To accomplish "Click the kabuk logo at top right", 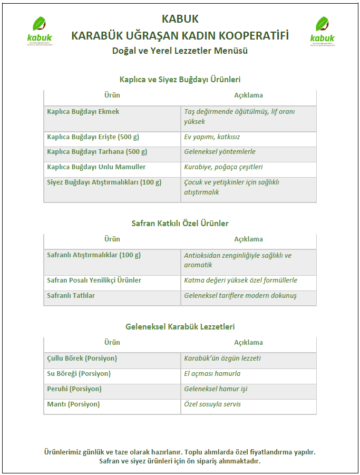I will (x=322, y=31).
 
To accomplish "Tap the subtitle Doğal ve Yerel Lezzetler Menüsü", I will (x=180, y=51).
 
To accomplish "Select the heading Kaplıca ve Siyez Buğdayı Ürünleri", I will (x=180, y=80).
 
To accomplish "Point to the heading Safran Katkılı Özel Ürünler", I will (x=180, y=224).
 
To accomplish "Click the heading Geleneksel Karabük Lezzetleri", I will (x=180, y=327).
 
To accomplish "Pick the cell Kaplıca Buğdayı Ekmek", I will (x=83, y=112).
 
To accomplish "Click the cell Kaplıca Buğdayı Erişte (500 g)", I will (x=93, y=137).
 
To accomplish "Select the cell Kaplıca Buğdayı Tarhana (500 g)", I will (x=97, y=152).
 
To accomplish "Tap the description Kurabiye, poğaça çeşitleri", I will (x=223, y=167).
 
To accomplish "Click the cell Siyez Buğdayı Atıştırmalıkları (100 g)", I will (x=104, y=182).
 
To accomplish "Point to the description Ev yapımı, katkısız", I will (x=212, y=137).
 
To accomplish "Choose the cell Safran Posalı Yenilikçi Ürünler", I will (x=94, y=280).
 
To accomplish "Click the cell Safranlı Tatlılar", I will (x=71, y=296).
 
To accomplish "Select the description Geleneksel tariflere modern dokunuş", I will (x=240, y=296).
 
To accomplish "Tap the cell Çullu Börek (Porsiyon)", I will (x=82, y=358).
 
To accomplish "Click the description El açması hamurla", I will (x=212, y=374).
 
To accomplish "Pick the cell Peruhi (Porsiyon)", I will (x=74, y=389).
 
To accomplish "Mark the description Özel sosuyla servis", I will (x=212, y=404).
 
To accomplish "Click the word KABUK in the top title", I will (x=180, y=19).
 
